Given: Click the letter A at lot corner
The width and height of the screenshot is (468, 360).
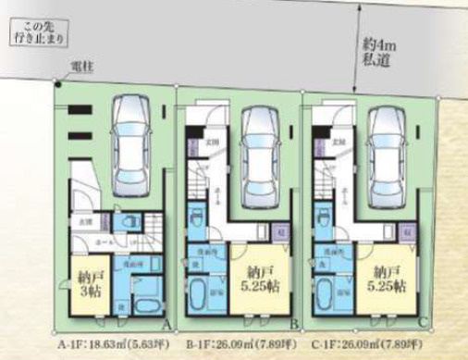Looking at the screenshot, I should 164,325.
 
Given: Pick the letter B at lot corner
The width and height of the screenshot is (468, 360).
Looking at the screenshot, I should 294,325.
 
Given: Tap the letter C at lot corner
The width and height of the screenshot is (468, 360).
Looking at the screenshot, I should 425,325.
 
